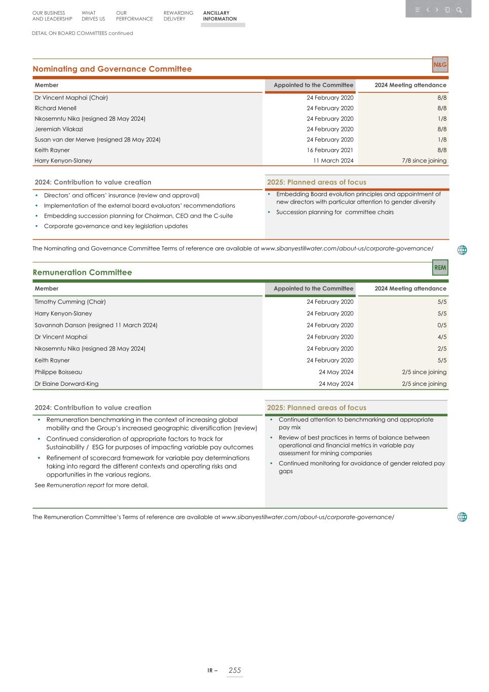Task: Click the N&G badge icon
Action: [440, 65]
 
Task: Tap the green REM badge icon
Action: [440, 268]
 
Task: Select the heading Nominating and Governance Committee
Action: [112, 69]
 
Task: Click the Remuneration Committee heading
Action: [82, 272]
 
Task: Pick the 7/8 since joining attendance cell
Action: [424, 161]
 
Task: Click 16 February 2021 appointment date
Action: [330, 150]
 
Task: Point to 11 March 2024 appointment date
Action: [333, 161]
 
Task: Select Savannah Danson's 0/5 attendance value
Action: [441, 325]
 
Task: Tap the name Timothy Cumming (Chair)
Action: [70, 302]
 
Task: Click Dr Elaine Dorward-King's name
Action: [66, 384]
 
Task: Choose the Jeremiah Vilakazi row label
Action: [59, 129]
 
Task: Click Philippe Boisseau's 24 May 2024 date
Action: [336, 372]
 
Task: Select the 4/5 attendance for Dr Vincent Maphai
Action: [441, 337]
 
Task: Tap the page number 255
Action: [235, 670]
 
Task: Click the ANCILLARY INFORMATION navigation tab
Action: [219, 16]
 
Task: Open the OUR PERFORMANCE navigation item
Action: [134, 16]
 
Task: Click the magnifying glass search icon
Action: [459, 10]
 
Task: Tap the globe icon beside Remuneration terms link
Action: [462, 517]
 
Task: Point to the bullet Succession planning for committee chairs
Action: [334, 212]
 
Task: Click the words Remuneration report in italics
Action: [75, 485]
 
